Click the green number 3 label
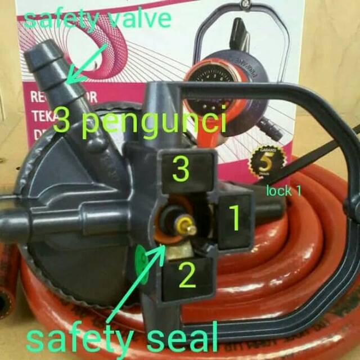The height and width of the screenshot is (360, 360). tap(180, 169)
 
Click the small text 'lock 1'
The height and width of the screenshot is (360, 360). tap(284, 191)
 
